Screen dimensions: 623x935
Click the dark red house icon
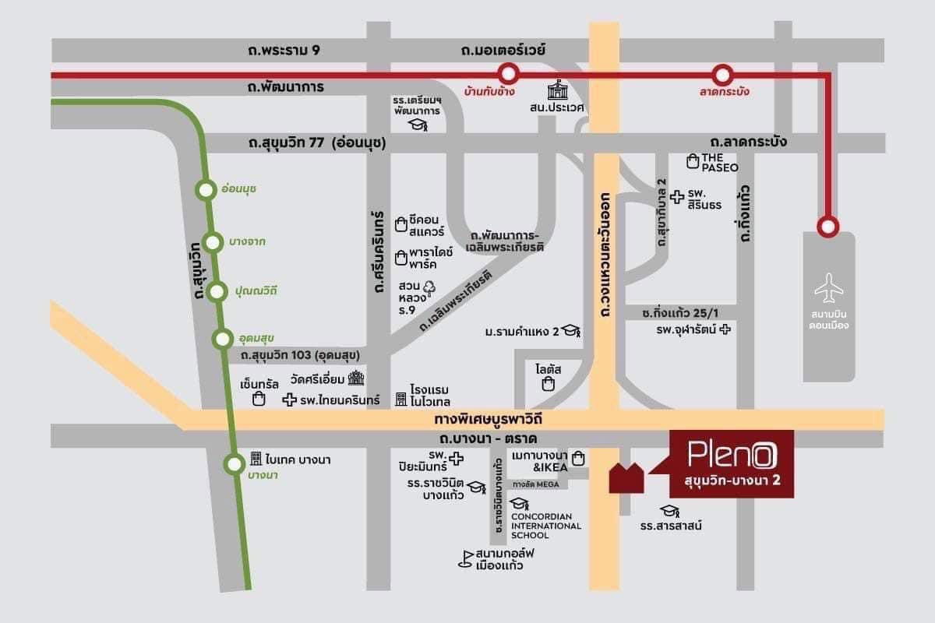(x=626, y=477)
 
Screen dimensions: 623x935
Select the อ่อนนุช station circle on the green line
(x=206, y=189)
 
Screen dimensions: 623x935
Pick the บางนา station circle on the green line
(x=234, y=465)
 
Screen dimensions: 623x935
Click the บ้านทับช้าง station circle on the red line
(x=509, y=75)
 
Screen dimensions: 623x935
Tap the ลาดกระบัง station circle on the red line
(x=724, y=75)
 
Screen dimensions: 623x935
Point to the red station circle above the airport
(x=828, y=227)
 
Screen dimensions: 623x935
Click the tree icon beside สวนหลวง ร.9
(x=429, y=287)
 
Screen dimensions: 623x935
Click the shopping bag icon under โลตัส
(x=549, y=384)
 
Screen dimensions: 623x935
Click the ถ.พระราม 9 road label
(x=283, y=51)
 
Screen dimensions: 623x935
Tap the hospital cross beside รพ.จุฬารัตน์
(x=726, y=329)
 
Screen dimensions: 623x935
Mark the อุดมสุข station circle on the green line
(x=223, y=338)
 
